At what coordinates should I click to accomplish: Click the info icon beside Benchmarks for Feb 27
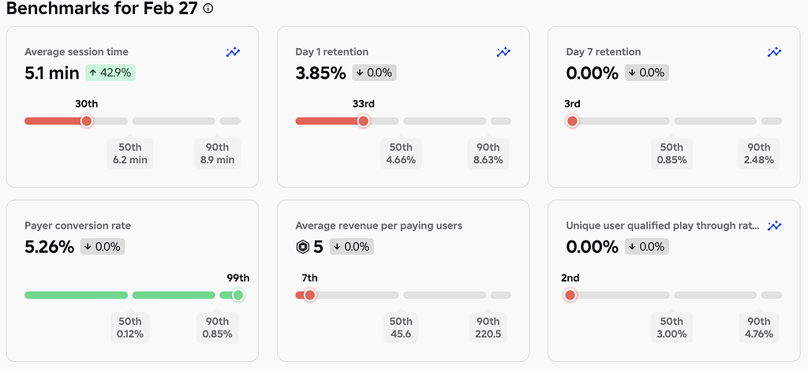(x=208, y=9)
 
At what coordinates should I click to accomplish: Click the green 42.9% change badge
(x=110, y=73)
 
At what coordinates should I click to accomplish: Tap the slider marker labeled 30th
(x=87, y=121)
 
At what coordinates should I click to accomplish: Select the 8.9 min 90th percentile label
(x=217, y=154)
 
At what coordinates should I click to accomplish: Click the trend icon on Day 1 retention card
(x=503, y=52)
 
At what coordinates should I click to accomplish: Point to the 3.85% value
(x=320, y=73)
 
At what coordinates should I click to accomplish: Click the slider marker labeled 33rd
(x=363, y=121)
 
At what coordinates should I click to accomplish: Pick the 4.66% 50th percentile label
(x=401, y=154)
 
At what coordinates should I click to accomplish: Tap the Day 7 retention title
(x=604, y=52)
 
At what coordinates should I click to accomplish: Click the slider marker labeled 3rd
(x=572, y=121)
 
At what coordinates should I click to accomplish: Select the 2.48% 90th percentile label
(x=759, y=154)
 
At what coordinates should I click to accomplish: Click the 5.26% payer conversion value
(x=50, y=247)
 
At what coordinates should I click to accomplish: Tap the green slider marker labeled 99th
(x=238, y=295)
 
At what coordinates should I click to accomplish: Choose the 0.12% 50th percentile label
(x=130, y=328)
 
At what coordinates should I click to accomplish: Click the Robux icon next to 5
(x=302, y=247)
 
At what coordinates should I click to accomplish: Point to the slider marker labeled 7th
(x=309, y=295)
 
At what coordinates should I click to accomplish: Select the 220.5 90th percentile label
(x=488, y=328)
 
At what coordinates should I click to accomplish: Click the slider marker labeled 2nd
(x=570, y=295)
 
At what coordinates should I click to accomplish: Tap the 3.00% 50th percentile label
(x=671, y=328)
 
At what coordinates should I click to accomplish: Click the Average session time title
(x=77, y=52)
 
